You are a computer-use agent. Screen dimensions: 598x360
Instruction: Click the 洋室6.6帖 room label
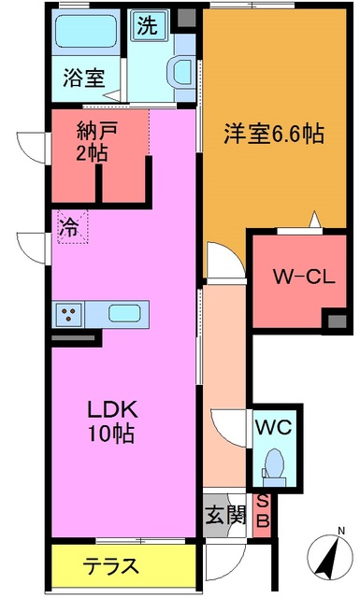[x=274, y=134]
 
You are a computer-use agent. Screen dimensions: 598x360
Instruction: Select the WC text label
[x=274, y=427]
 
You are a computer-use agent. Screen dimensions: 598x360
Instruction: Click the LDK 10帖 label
[x=112, y=420]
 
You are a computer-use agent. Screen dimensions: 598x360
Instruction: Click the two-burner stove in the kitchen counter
[x=69, y=314]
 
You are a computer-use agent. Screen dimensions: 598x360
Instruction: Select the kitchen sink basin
[x=124, y=314]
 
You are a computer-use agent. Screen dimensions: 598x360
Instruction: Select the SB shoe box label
[x=263, y=512]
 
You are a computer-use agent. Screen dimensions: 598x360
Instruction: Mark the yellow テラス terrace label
[x=112, y=565]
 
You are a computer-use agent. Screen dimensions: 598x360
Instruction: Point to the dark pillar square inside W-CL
[x=334, y=320]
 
